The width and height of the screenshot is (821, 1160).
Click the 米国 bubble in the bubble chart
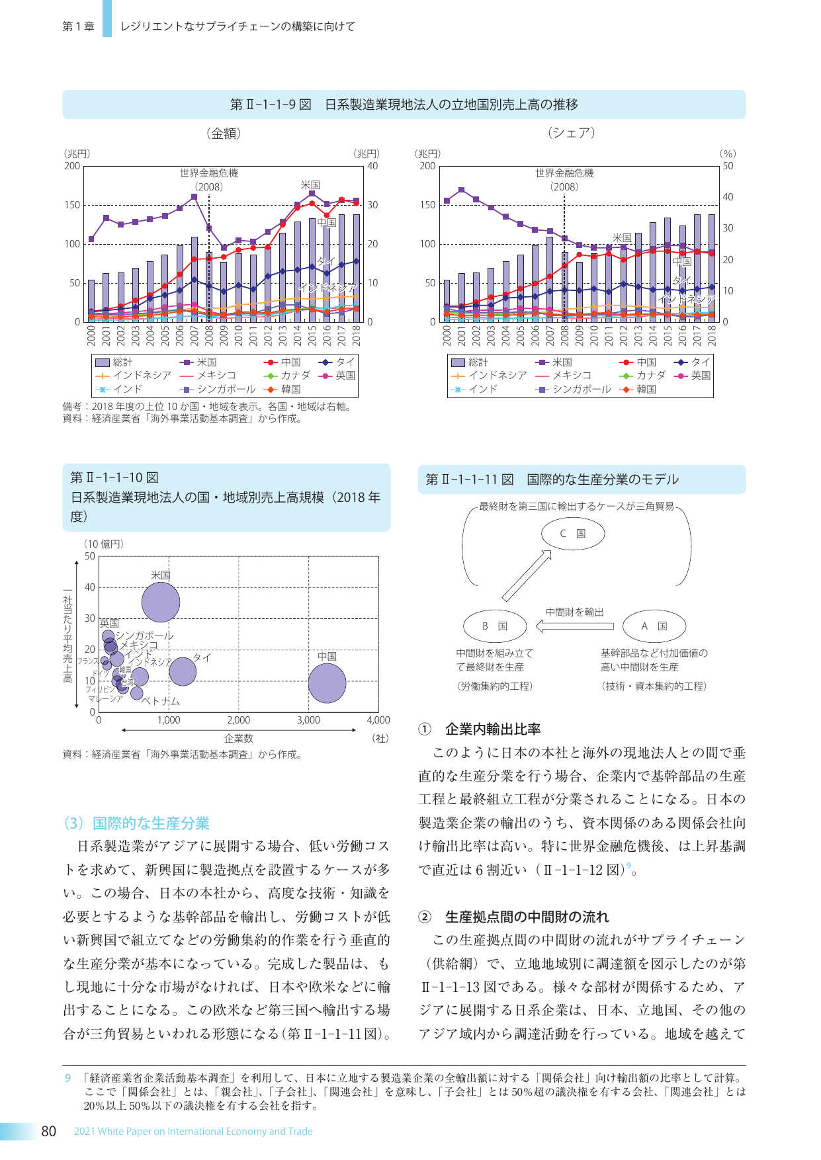point(161,602)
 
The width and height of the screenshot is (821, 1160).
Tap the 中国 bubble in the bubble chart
point(327,683)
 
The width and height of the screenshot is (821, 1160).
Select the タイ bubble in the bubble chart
point(183,671)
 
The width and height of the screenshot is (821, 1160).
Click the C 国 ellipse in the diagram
point(573,534)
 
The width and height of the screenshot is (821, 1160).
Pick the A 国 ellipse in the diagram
point(654,626)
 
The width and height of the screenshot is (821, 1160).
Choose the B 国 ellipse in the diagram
point(494,626)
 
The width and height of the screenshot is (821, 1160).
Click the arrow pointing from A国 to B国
point(574,626)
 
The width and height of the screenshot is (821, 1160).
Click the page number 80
point(48,1131)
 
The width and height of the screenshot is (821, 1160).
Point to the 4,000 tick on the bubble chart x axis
point(378,720)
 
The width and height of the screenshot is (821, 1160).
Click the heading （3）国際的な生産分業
point(136,823)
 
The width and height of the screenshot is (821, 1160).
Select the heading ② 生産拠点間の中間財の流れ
point(513,917)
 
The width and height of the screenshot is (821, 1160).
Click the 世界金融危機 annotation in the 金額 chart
point(209,173)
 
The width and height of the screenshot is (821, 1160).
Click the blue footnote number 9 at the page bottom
point(67,1078)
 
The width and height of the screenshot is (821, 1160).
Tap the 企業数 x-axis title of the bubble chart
point(239,738)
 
